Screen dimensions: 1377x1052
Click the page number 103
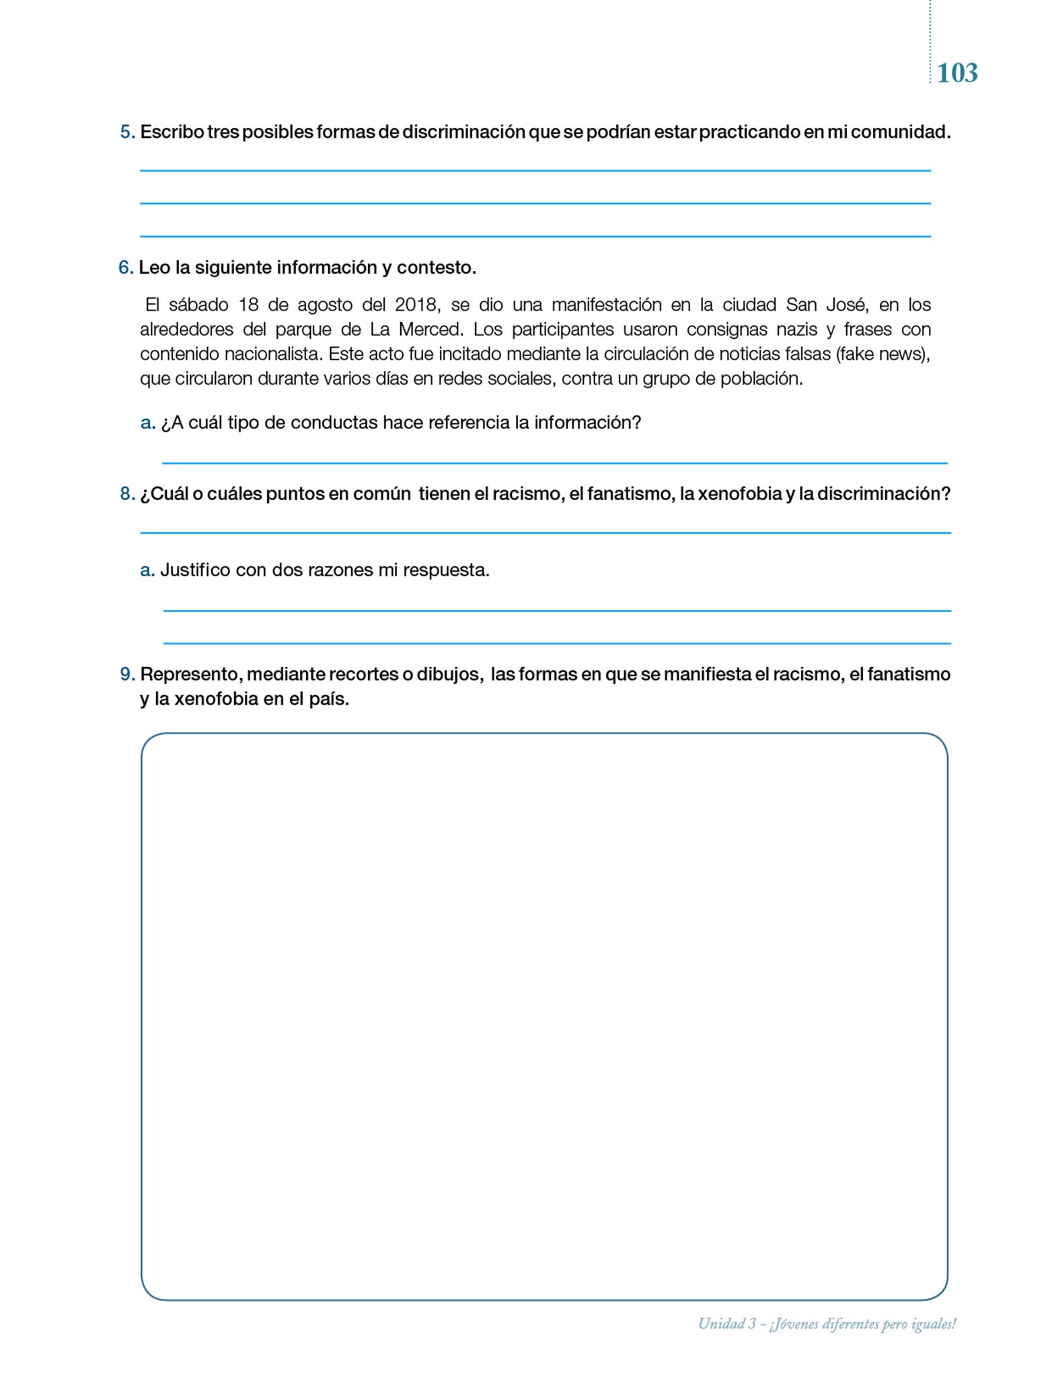coord(956,73)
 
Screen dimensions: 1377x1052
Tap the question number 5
coord(126,132)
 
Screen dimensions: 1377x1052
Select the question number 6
coord(125,268)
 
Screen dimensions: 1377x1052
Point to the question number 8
coord(126,494)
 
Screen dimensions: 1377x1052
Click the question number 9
coord(126,674)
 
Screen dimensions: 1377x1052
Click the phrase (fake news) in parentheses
coord(882,354)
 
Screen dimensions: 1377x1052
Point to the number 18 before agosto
coord(248,305)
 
